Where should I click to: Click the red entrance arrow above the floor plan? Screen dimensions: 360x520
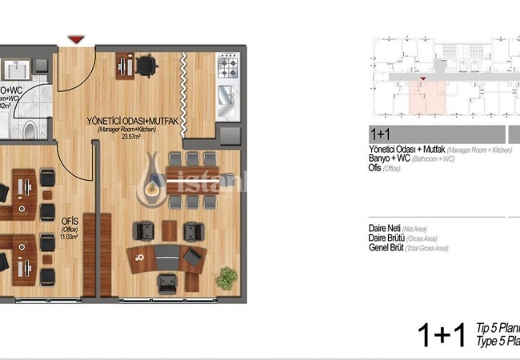coord(76,38)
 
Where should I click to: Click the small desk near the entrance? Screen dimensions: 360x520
coord(126,62)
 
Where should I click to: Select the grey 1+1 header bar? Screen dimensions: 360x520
coord(436,134)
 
